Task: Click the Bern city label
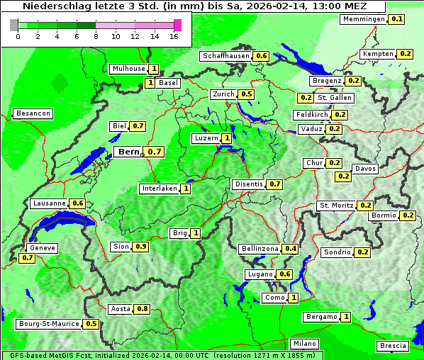point(128,152)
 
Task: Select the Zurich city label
point(223,94)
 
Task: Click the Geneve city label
point(42,248)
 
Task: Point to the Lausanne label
point(49,203)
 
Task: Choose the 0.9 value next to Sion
point(140,247)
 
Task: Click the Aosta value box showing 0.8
point(143,308)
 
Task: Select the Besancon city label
point(33,113)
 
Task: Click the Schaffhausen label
point(225,56)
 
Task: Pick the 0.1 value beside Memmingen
point(397,19)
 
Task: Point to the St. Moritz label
point(336,206)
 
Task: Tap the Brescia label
point(393,346)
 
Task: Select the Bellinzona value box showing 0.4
point(290,249)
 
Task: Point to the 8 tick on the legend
point(96,35)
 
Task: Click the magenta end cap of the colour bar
point(177,25)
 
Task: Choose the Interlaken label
point(158,189)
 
